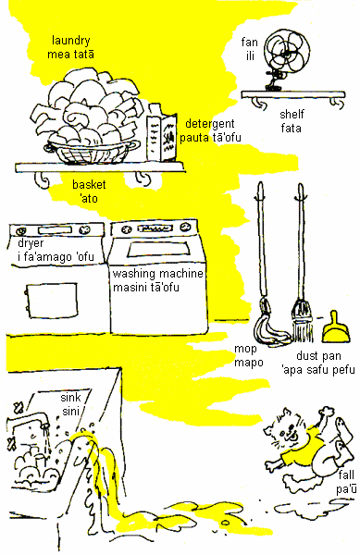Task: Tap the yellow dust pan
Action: pyautogui.click(x=336, y=328)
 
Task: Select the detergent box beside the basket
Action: pyautogui.click(x=162, y=133)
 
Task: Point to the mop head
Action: pyautogui.click(x=269, y=325)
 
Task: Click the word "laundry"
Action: pyautogui.click(x=71, y=41)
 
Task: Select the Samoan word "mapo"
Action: pyautogui.click(x=249, y=363)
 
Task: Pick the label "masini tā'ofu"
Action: pyautogui.click(x=146, y=287)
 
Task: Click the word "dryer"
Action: pyautogui.click(x=31, y=243)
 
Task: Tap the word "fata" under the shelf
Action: pyautogui.click(x=291, y=128)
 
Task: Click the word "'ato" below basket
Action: pyautogui.click(x=89, y=199)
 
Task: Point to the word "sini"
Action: pyautogui.click(x=70, y=412)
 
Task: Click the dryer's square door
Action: pyautogui.click(x=52, y=301)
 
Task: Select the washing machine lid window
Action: pyautogui.click(x=158, y=249)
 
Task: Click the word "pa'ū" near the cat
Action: pyautogui.click(x=346, y=489)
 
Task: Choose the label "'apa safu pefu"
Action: pyautogui.click(x=318, y=370)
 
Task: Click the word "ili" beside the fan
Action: pyautogui.click(x=250, y=55)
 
